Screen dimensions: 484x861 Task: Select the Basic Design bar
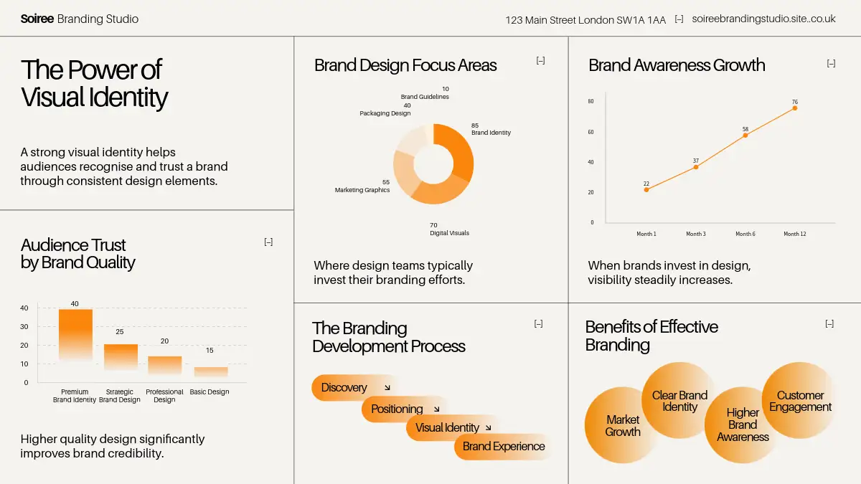tap(211, 371)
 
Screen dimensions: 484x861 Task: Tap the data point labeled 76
tap(795, 108)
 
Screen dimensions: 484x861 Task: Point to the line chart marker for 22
tap(646, 189)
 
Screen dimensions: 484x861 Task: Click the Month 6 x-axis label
tap(745, 234)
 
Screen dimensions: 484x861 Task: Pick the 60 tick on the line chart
tap(591, 132)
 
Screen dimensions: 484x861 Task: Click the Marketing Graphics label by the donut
tap(362, 190)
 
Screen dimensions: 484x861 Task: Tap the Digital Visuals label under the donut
tap(449, 233)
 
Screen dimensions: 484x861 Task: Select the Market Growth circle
tap(622, 425)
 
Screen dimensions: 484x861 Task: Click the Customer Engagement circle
tap(800, 402)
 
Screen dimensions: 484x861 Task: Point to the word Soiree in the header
tap(37, 19)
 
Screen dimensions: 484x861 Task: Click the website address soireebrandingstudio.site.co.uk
tap(763, 19)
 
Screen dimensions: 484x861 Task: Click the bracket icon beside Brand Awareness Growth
tap(831, 64)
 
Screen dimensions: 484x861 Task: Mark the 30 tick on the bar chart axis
tap(24, 327)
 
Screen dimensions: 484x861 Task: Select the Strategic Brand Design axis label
tap(119, 396)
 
